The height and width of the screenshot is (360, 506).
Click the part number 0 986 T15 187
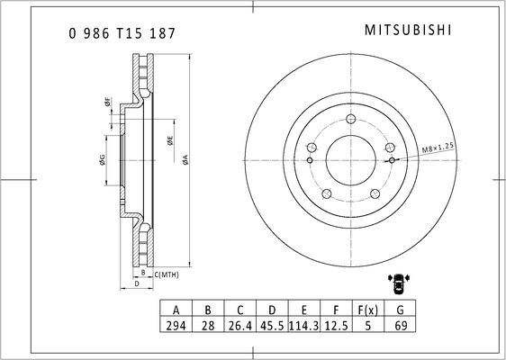122,33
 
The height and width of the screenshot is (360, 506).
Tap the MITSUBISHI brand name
408,31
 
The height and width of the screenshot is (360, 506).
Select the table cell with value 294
176,325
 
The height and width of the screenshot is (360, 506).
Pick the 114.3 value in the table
304,325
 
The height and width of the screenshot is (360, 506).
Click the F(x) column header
368,310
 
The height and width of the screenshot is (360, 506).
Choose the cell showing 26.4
239,325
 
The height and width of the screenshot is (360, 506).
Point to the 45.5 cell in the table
272,325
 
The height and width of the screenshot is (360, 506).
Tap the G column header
400,310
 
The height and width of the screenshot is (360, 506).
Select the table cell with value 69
400,325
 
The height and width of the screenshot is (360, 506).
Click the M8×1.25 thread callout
438,148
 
